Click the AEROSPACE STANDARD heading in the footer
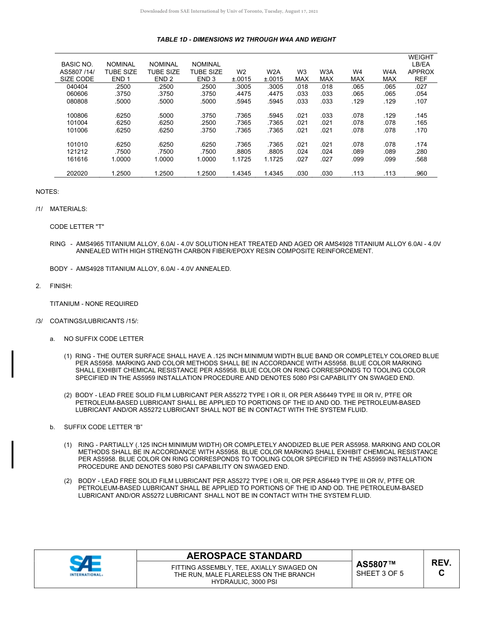coord(244,556)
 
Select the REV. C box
coord(441,568)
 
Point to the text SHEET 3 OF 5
coord(380,574)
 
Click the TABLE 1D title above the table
coord(246,40)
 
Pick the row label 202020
coord(77,174)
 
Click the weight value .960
coord(421,174)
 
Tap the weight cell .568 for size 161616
coord(421,159)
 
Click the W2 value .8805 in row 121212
coord(244,152)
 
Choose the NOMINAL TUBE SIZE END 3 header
coord(206,72)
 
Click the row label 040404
coord(77,87)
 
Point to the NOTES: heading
coord(47,192)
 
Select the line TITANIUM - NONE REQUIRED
coord(94,304)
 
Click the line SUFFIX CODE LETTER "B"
coord(107,427)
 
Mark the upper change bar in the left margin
coord(13,363)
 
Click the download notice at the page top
coord(229,11)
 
